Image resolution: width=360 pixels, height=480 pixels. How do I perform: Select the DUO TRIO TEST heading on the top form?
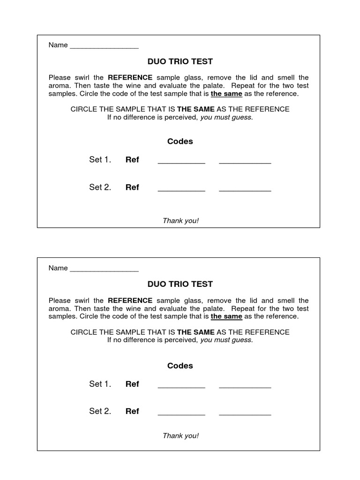pos(180,61)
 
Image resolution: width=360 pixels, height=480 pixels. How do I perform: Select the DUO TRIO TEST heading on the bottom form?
pos(180,284)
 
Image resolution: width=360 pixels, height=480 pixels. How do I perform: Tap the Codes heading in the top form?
pos(180,142)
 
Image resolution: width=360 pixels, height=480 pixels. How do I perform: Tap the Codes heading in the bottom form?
pos(180,366)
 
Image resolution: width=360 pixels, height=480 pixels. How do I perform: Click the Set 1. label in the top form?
pos(100,160)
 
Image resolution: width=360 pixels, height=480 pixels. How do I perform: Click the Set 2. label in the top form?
pos(100,187)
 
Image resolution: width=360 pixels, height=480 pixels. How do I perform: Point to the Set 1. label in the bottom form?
pos(100,384)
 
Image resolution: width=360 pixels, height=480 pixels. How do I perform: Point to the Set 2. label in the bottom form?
pos(100,411)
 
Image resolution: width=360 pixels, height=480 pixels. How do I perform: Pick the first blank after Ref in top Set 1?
pos(181,162)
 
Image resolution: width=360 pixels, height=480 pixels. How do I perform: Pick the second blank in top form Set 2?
pos(245,190)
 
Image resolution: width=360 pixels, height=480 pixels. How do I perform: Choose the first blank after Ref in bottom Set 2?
pos(181,413)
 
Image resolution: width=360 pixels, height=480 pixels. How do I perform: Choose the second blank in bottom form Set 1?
pos(245,387)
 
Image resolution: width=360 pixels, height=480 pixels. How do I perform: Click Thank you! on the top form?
pos(180,221)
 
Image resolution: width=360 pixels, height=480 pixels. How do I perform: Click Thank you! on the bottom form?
pos(180,436)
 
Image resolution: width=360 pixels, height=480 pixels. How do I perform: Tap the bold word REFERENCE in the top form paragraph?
pos(130,77)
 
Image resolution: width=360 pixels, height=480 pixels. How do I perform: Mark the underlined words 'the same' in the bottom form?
pos(226,316)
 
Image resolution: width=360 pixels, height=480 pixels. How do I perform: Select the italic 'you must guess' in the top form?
pos(226,117)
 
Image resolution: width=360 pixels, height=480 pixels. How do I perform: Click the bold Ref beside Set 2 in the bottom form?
pos(132,411)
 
